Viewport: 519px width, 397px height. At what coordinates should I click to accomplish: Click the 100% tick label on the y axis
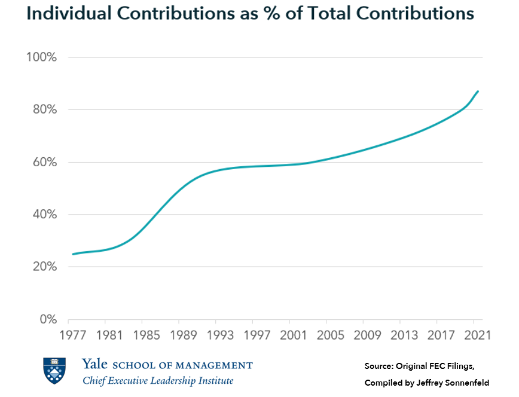[41, 57]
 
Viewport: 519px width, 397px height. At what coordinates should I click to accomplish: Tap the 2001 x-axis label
[291, 335]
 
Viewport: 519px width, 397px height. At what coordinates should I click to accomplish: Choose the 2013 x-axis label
[401, 335]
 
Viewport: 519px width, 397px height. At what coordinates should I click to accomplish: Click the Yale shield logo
[54, 371]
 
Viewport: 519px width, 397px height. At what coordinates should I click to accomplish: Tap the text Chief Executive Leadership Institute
[158, 381]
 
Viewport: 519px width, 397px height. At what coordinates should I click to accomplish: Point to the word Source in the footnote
[379, 365]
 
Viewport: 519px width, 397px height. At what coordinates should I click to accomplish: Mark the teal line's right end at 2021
[478, 91]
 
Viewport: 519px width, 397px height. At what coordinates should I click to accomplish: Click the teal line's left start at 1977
[72, 254]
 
